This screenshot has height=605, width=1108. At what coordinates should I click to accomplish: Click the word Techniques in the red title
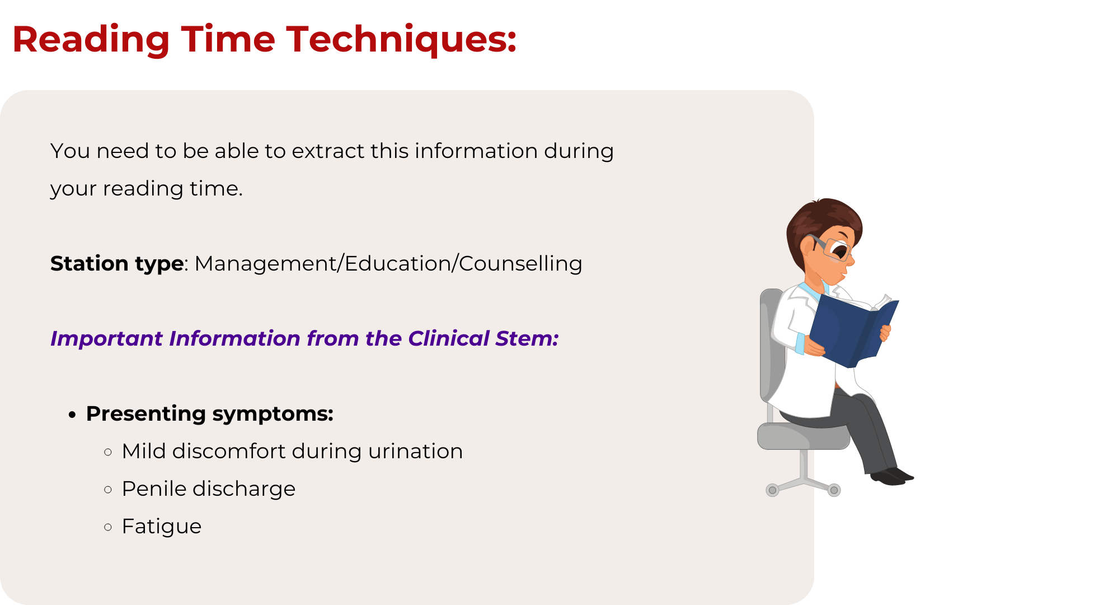point(401,40)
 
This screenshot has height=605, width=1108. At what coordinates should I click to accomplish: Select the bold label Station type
point(117,264)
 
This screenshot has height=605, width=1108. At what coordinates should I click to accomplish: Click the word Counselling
point(520,264)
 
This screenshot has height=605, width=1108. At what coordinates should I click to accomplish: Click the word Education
point(398,264)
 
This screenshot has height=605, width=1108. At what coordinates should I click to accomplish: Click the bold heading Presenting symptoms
point(210,414)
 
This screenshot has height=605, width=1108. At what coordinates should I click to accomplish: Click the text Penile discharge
point(209,489)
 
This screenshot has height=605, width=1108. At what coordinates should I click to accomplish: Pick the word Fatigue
point(162,527)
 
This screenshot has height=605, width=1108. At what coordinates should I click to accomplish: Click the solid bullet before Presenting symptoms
point(72,415)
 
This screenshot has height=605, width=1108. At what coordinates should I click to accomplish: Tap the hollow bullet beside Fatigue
point(108,527)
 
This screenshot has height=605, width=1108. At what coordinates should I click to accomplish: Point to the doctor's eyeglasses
point(831,247)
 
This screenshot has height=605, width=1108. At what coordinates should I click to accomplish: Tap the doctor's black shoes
point(891,476)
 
